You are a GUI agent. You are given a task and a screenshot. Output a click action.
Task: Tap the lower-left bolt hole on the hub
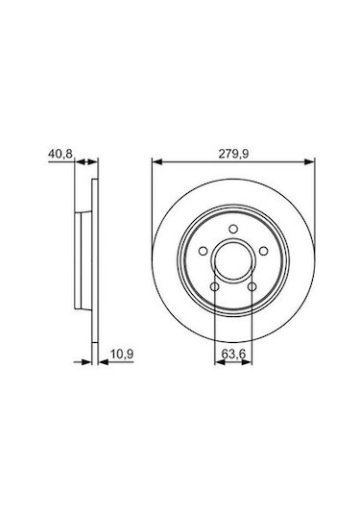(x=214, y=285)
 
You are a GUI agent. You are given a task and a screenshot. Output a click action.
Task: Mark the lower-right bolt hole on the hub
(x=248, y=285)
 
